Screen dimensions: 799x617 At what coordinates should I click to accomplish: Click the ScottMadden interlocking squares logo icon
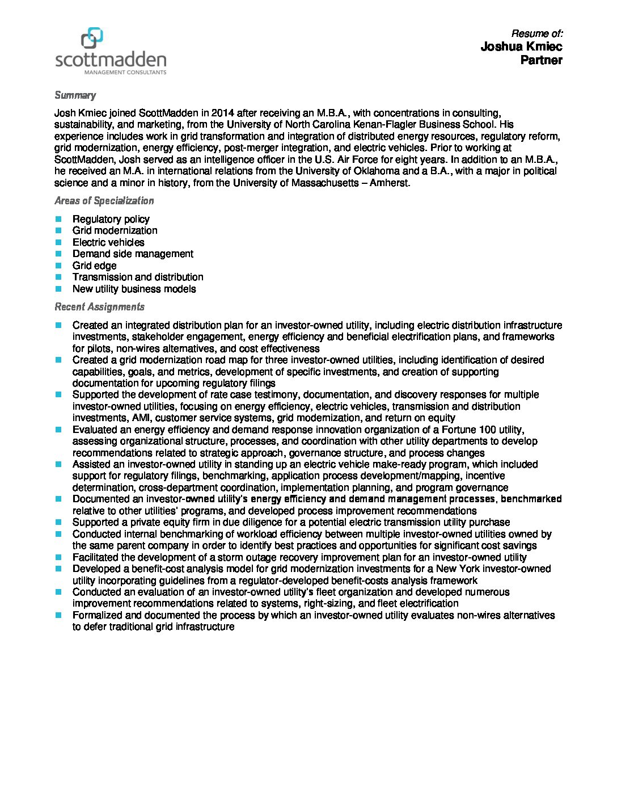(x=92, y=37)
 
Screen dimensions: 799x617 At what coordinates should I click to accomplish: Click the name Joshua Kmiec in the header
(x=521, y=47)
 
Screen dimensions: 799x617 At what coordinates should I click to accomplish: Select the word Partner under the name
(x=542, y=60)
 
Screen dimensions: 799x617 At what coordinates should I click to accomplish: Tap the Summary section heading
(x=75, y=95)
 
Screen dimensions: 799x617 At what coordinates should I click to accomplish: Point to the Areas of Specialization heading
(x=104, y=200)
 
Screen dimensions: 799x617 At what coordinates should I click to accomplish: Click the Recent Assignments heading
(x=99, y=306)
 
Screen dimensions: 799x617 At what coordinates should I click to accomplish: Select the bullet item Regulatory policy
(x=111, y=219)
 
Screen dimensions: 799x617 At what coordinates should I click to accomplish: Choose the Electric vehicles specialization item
(x=108, y=242)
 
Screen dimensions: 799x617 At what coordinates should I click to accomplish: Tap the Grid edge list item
(x=95, y=266)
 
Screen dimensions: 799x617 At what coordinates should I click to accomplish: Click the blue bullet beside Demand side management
(x=58, y=254)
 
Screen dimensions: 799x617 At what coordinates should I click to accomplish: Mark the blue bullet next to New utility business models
(x=58, y=289)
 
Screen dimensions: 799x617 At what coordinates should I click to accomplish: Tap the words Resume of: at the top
(x=536, y=33)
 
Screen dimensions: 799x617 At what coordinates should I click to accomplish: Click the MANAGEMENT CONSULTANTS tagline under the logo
(x=125, y=73)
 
